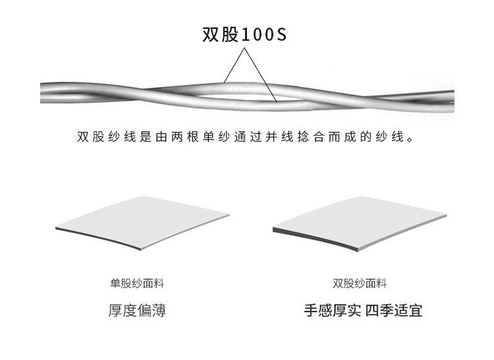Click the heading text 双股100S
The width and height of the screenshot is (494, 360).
coord(244,34)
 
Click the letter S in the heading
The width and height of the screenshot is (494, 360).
coord(281,34)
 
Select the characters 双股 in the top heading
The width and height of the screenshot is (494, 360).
coord(218,34)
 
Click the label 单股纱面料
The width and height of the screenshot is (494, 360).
coord(136,284)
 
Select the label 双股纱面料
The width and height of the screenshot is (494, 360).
coord(360,284)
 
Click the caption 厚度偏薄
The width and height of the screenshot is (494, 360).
coord(136,310)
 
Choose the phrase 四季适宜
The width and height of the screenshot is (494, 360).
coord(394,310)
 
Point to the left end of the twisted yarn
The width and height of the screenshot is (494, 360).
coord(49,91)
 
